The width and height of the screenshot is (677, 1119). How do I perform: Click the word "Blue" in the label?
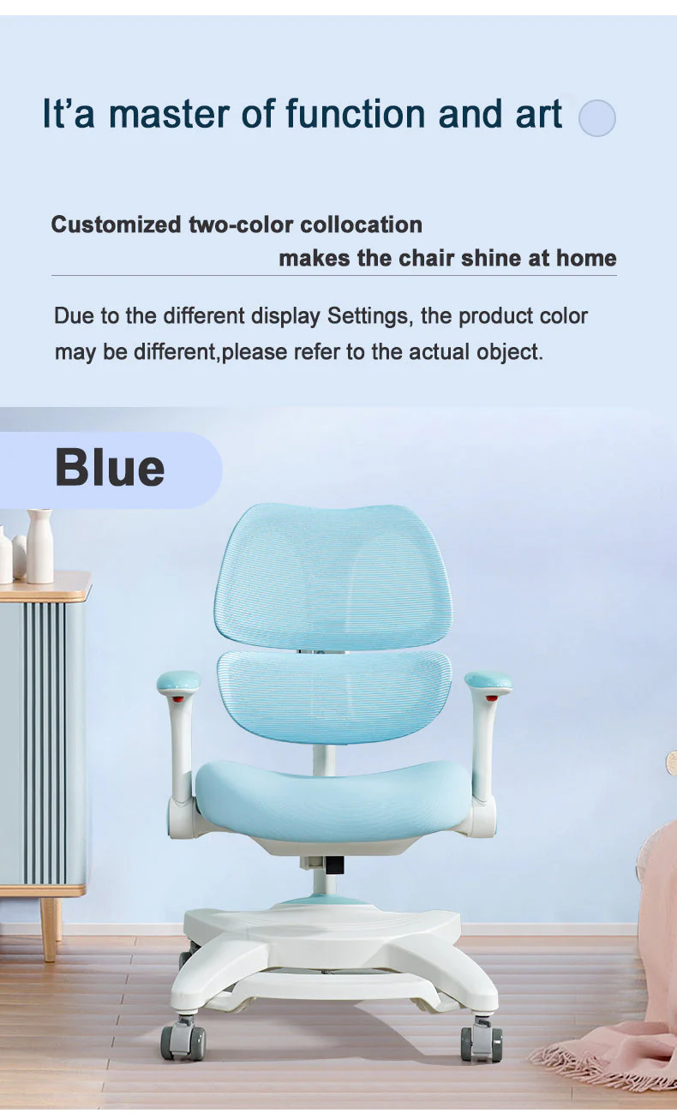[110, 468]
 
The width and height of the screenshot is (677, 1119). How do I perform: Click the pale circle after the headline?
[597, 118]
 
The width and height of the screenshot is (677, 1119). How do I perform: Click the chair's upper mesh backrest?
[333, 573]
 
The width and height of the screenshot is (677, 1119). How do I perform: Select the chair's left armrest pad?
[178, 682]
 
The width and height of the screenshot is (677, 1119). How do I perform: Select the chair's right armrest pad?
[488, 682]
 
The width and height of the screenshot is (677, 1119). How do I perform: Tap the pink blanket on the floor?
[626, 1037]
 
